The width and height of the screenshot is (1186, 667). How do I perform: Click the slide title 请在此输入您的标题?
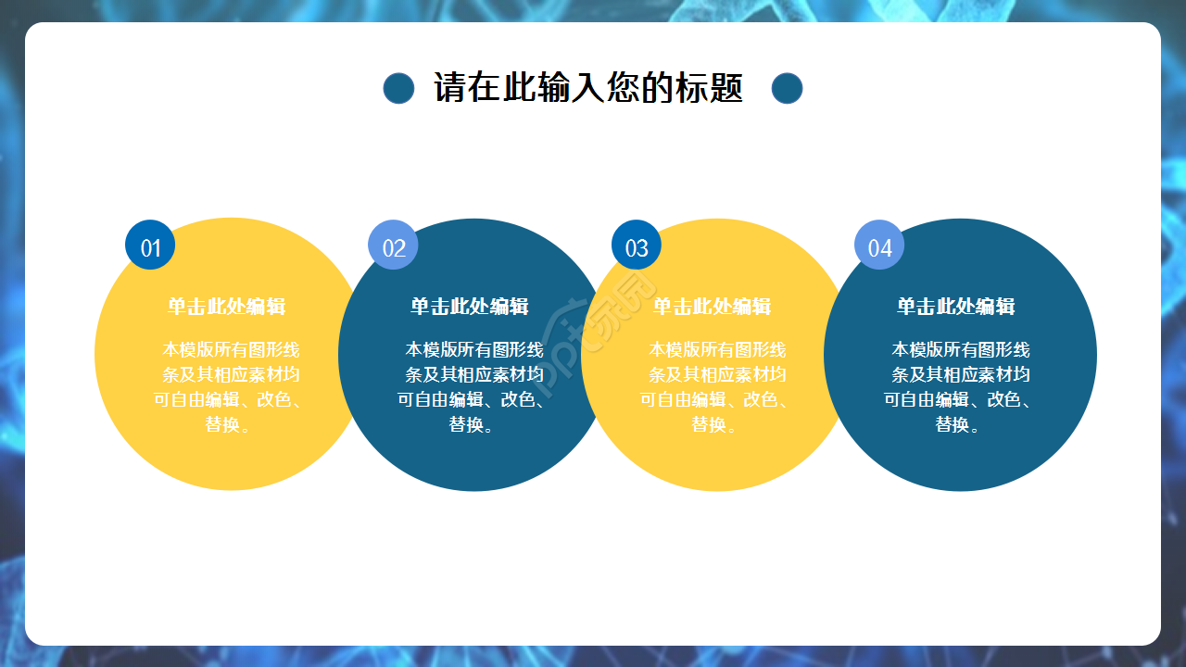(588, 88)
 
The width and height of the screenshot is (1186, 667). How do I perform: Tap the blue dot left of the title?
(398, 88)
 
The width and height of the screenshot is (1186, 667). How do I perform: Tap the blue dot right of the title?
(787, 88)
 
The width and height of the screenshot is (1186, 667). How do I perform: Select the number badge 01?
(150, 245)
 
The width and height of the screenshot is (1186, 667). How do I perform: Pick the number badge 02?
(393, 245)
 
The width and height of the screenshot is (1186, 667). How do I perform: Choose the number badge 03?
(637, 245)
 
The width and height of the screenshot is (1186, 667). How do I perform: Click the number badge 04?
(879, 245)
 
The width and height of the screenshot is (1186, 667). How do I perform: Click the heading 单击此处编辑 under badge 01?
(226, 307)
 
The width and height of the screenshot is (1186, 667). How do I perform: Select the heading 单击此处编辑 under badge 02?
(470, 307)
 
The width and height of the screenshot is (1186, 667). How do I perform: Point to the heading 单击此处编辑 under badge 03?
(712, 307)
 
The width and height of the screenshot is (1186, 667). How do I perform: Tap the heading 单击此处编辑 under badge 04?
(955, 307)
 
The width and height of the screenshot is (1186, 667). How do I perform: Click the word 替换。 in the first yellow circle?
(228, 424)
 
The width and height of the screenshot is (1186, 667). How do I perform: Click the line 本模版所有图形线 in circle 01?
(231, 349)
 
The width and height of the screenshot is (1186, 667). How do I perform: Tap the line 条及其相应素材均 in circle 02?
(473, 374)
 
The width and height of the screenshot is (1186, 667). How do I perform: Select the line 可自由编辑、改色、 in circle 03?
(713, 399)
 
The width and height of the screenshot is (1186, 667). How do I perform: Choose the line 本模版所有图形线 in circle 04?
(960, 349)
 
